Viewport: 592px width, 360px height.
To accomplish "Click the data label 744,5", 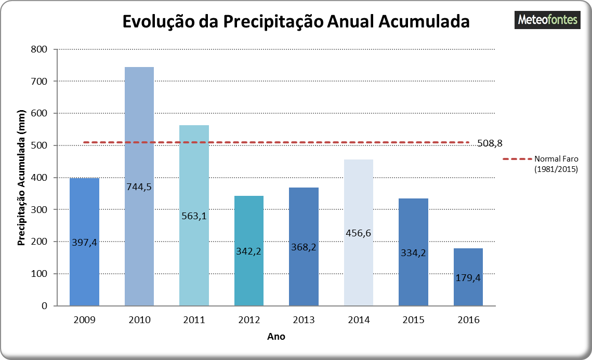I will [x=139, y=186].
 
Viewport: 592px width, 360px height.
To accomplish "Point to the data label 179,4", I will [x=468, y=277].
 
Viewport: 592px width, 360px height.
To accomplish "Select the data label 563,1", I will [x=194, y=216].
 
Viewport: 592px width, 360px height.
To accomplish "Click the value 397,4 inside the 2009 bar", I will [x=84, y=242].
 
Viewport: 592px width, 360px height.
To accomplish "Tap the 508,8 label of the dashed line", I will [x=490, y=143].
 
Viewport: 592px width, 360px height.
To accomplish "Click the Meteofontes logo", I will [x=548, y=20].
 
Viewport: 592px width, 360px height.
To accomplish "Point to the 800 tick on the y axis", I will [x=40, y=49].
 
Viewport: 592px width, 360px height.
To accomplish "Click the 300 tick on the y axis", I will [x=40, y=209].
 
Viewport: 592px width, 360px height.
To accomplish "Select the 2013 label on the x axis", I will [x=304, y=320].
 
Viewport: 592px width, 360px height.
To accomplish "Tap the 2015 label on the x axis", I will [x=413, y=320].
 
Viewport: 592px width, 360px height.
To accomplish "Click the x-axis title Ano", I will [x=276, y=337].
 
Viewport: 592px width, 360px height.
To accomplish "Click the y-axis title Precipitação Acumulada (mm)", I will [x=22, y=178].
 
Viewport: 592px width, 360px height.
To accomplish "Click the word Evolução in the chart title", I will [x=160, y=22].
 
